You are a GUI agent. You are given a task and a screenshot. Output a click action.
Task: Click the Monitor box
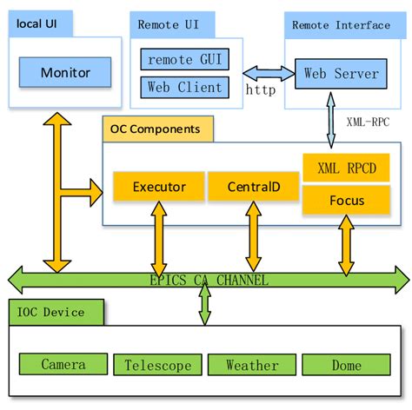[64, 73]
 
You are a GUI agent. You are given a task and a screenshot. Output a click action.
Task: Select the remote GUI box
[184, 60]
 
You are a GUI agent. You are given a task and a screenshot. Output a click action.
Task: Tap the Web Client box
[184, 87]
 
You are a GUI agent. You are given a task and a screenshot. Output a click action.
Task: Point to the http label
[261, 90]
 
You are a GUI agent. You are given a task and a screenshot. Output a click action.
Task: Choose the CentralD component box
[253, 186]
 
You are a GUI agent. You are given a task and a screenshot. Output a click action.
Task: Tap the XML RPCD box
[347, 169]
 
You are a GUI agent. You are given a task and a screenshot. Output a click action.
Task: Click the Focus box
[347, 202]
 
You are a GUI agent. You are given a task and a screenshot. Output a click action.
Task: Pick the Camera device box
[63, 365]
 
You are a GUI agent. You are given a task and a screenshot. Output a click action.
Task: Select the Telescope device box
[157, 365]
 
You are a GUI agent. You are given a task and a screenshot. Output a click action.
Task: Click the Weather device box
[253, 365]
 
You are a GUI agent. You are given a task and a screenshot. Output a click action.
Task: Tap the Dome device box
[346, 365]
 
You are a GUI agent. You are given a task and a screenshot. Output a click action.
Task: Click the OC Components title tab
[157, 129]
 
